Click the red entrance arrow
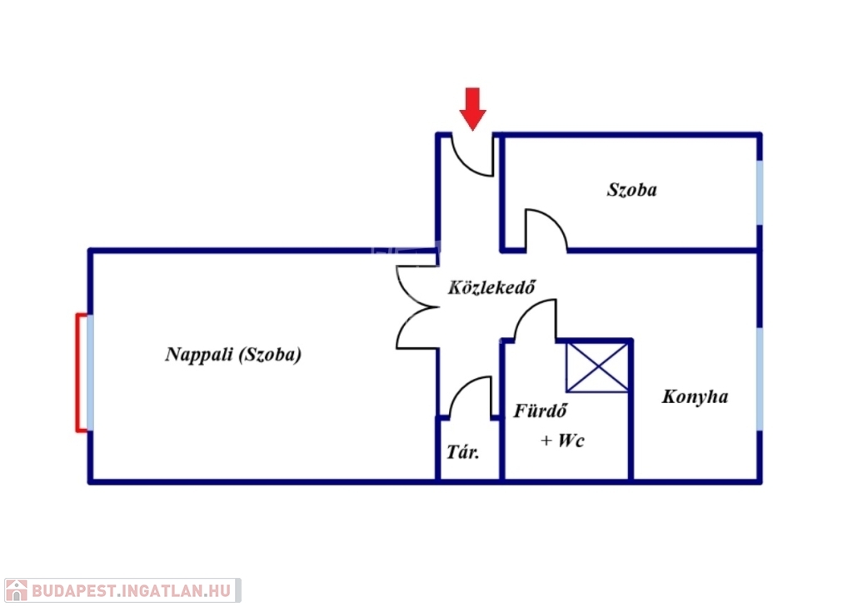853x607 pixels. coord(473,109)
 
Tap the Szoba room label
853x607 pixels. coord(631,190)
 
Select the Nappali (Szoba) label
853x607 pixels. coord(233,355)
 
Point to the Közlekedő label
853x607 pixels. coord(491,287)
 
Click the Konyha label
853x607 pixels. coord(695,396)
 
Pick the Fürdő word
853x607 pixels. coord(540,410)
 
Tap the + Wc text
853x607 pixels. coord(562,440)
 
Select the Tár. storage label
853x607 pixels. coord(463,451)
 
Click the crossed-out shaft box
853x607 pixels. coord(597,366)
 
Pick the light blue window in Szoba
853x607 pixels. coord(760,192)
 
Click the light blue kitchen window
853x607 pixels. coord(760,379)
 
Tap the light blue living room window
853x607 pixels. coord(90,372)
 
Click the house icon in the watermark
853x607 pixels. coord(17,590)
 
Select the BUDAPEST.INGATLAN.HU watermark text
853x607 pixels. coord(132,590)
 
